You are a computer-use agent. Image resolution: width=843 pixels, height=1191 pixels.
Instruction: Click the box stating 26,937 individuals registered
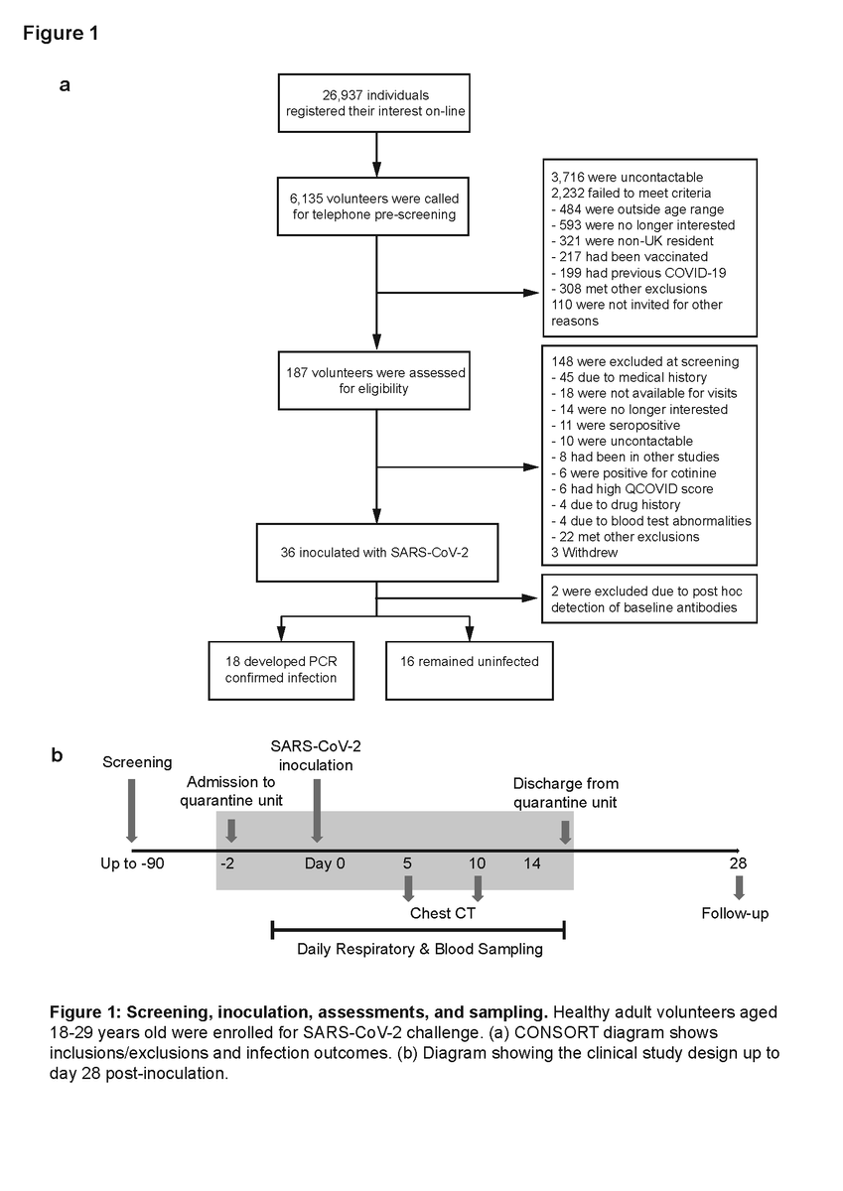[375, 103]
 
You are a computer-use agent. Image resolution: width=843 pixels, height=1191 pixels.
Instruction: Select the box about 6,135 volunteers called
[375, 205]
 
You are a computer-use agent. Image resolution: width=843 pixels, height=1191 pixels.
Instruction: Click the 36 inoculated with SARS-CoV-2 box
[375, 553]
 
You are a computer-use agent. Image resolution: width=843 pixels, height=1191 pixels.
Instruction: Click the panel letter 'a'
[66, 84]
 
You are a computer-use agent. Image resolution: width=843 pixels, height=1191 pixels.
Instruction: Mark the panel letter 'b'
[57, 755]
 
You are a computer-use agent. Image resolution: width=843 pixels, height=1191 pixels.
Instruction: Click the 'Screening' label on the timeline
[137, 762]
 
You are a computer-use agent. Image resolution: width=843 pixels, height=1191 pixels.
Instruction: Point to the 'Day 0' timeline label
[325, 863]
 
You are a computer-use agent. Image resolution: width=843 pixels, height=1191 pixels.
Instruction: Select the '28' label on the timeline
[738, 863]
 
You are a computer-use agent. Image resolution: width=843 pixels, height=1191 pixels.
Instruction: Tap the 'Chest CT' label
[443, 913]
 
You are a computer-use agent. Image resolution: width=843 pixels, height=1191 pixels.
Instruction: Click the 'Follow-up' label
[735, 913]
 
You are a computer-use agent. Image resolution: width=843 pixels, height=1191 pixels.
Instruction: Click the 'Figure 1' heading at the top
[60, 33]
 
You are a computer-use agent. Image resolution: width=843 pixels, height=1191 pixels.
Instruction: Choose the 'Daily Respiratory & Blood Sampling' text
[420, 949]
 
